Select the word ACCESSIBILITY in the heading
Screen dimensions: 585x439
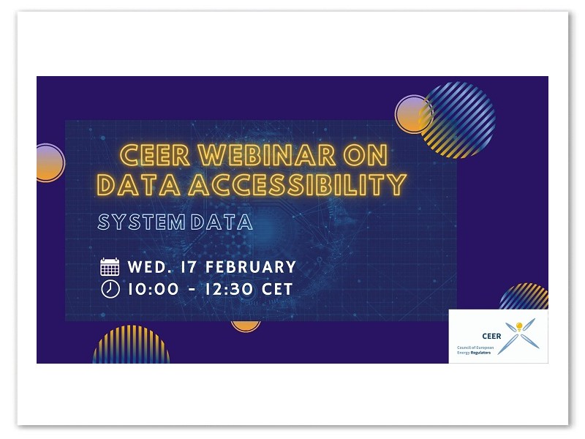[298, 184]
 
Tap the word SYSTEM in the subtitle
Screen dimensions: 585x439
[141, 222]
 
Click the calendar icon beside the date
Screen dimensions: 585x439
[110, 267]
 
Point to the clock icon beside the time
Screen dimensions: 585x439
[110, 289]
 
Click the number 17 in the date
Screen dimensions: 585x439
[189, 267]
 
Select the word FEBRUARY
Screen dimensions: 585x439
[251, 267]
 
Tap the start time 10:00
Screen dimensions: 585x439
[154, 289]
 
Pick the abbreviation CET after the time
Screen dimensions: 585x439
[277, 289]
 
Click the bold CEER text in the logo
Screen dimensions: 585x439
[491, 337]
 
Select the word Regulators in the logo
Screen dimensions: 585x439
[481, 353]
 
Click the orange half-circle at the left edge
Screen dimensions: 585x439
[50, 162]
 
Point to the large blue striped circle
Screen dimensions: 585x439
[458, 120]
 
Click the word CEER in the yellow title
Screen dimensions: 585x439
[155, 155]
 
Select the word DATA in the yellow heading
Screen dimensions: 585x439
[139, 184]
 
